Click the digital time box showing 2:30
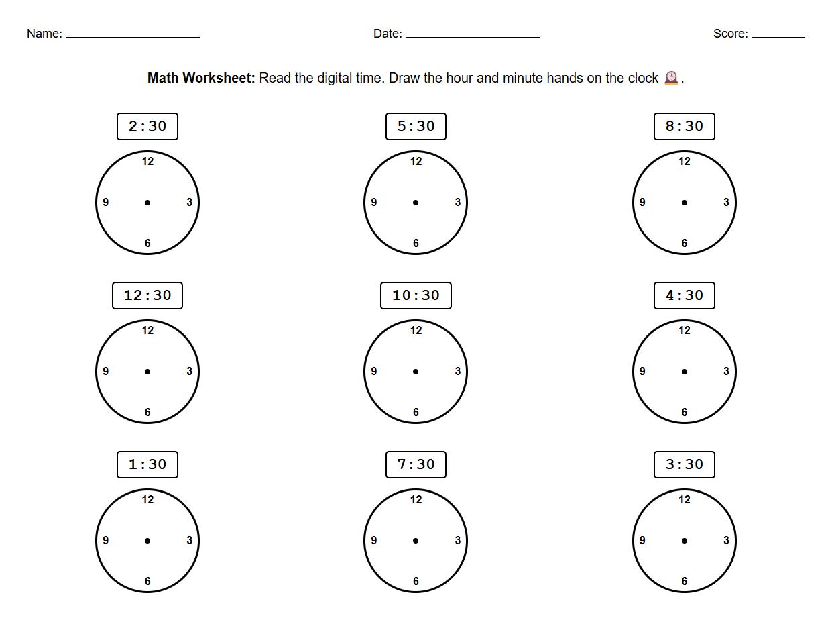click(x=147, y=126)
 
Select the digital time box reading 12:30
click(x=147, y=295)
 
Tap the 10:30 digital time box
click(x=416, y=295)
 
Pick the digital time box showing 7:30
click(x=416, y=464)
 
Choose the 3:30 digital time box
click(x=685, y=464)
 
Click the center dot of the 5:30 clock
click(x=416, y=203)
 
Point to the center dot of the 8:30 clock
click(x=685, y=203)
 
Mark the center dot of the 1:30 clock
click(x=147, y=541)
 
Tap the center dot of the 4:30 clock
click(x=685, y=372)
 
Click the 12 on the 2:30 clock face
click(x=147, y=161)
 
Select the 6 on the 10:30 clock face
click(x=416, y=412)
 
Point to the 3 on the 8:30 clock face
click(x=726, y=203)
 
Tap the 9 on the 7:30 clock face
click(x=374, y=541)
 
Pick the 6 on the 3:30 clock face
click(x=685, y=581)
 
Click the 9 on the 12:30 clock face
click(x=106, y=372)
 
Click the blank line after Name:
click(x=133, y=35)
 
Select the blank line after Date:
click(x=473, y=35)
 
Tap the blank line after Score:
click(x=778, y=35)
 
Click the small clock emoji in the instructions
click(x=671, y=78)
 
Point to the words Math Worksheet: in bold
click(x=201, y=78)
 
